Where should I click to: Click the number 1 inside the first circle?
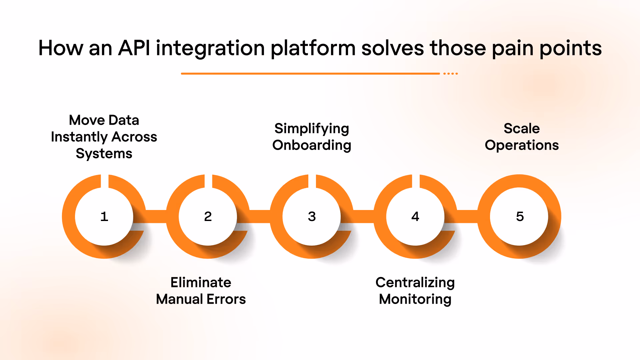(x=104, y=217)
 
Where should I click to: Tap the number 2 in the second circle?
(x=208, y=217)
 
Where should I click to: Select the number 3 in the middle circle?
(x=312, y=217)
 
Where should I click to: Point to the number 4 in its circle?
(x=415, y=217)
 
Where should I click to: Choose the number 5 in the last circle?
(x=520, y=217)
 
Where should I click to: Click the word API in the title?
(x=134, y=48)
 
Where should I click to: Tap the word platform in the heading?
(x=313, y=49)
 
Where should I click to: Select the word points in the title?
(x=571, y=49)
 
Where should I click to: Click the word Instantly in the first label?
(x=79, y=137)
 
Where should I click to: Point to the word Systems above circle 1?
(x=104, y=154)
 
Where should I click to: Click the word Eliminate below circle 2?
(x=201, y=282)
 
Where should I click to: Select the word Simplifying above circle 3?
(x=312, y=129)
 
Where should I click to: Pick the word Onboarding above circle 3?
(x=312, y=145)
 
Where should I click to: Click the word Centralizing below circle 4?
(x=415, y=283)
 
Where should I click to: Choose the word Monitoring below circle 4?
(x=415, y=299)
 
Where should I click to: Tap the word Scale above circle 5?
(x=522, y=128)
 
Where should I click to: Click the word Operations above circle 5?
(x=522, y=145)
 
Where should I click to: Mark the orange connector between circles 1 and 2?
(x=156, y=216)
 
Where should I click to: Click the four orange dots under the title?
(x=451, y=73)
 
